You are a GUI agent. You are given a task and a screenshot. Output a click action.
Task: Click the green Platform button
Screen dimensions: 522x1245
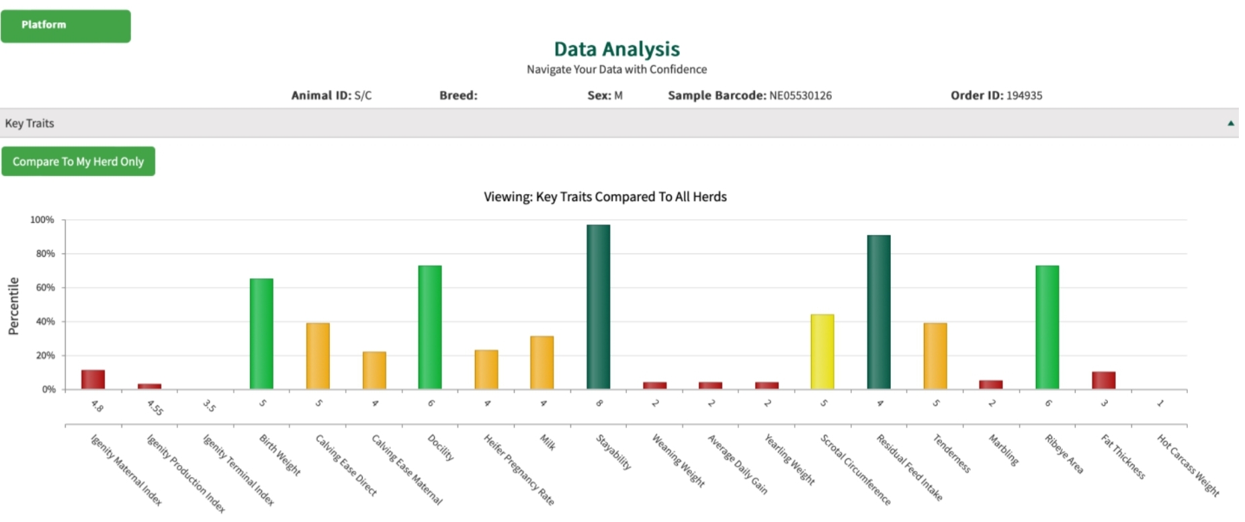(65, 26)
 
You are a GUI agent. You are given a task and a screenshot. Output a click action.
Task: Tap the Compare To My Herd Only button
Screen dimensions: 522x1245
(78, 161)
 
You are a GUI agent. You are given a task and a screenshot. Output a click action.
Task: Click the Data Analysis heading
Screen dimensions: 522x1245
(616, 49)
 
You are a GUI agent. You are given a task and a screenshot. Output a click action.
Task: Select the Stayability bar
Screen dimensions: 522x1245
(598, 307)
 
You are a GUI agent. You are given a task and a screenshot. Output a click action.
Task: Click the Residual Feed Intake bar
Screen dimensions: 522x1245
(878, 312)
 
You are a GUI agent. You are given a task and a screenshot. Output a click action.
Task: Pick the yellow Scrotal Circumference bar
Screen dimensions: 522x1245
(822, 351)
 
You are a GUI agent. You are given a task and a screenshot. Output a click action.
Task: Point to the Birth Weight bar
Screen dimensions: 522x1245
(261, 334)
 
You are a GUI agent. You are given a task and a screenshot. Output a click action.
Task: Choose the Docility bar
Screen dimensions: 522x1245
(430, 327)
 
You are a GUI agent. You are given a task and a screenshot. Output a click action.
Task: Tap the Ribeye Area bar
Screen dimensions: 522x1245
(1047, 327)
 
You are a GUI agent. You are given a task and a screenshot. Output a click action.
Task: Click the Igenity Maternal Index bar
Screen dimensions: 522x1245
(93, 380)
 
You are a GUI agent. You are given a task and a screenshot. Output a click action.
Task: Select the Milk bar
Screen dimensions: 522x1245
(542, 363)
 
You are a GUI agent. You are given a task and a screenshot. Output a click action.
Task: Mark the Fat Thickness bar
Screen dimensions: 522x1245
(1103, 380)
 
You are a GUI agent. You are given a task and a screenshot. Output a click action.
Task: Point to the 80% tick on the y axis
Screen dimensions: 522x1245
(46, 254)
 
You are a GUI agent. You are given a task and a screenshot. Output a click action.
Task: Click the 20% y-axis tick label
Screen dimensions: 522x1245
(46, 355)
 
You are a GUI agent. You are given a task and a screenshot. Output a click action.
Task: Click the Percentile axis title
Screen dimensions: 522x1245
(13, 306)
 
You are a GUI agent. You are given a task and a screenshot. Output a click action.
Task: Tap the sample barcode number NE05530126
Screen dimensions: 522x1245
(800, 95)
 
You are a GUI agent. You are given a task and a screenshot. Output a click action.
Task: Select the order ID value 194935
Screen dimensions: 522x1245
(1024, 95)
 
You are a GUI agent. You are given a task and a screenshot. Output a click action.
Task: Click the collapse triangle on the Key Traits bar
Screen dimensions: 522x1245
(1230, 123)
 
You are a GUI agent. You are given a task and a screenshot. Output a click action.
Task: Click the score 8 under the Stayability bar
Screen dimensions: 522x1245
(599, 403)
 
